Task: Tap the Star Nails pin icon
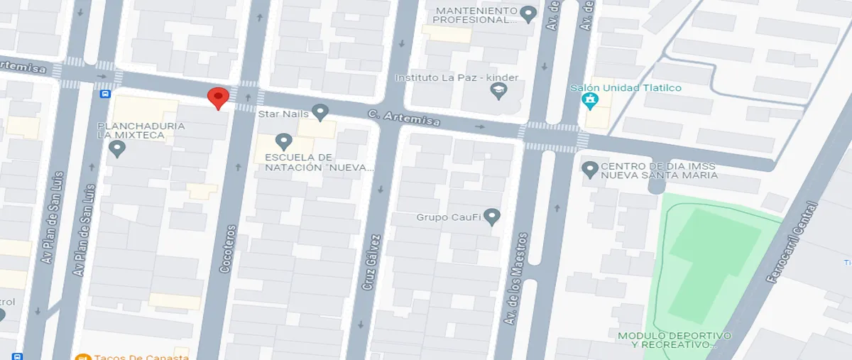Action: (320, 112)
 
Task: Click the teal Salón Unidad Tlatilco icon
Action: (589, 102)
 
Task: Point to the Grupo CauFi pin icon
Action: (493, 217)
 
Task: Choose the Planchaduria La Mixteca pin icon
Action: (118, 148)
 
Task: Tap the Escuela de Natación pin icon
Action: (284, 141)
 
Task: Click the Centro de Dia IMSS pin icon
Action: (589, 170)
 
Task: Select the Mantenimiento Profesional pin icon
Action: (528, 13)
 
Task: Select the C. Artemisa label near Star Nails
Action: (403, 119)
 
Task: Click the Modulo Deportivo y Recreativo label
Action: (674, 339)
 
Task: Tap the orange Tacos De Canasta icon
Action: (82, 357)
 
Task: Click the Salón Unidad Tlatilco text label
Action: (626, 88)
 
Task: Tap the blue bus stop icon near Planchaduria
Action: (105, 93)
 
